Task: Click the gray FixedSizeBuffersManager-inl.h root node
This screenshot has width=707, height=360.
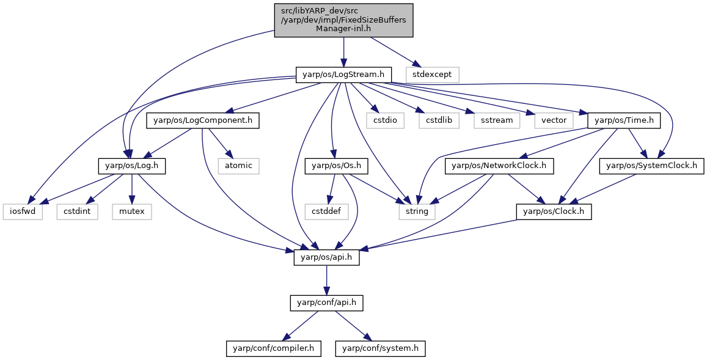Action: click(x=343, y=20)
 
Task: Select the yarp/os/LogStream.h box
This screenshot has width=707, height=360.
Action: click(x=343, y=75)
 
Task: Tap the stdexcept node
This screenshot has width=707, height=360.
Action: click(x=433, y=75)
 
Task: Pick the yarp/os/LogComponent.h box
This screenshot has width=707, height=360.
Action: click(x=202, y=120)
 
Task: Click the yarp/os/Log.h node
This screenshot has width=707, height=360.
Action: click(x=131, y=166)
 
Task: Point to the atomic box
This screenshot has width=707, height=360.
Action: click(x=238, y=166)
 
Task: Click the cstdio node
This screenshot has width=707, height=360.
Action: click(x=385, y=120)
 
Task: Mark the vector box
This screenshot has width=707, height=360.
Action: click(x=553, y=120)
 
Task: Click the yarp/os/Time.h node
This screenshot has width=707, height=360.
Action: click(x=624, y=120)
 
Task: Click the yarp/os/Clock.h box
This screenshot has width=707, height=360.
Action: click(x=554, y=211)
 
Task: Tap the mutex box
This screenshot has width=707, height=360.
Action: click(x=131, y=211)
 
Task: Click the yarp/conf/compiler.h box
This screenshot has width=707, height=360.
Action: click(x=273, y=349)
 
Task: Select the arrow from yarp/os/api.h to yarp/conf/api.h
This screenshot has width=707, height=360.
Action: click(x=326, y=281)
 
